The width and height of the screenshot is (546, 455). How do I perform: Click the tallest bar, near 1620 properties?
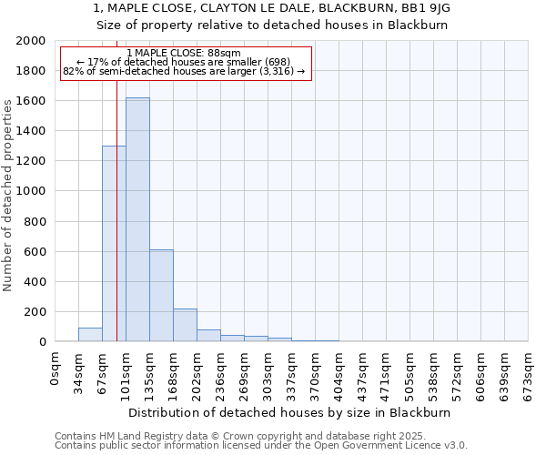(x=137, y=219)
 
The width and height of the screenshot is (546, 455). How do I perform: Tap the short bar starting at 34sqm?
(x=90, y=335)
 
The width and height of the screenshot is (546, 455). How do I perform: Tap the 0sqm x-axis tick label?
(x=56, y=369)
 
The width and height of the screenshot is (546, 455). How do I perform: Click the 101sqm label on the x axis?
(x=126, y=372)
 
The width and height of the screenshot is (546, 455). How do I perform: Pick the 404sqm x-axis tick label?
(x=339, y=372)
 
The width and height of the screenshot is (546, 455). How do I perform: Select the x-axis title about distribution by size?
(x=291, y=412)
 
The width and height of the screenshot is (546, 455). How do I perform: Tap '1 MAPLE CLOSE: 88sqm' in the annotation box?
(x=185, y=54)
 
